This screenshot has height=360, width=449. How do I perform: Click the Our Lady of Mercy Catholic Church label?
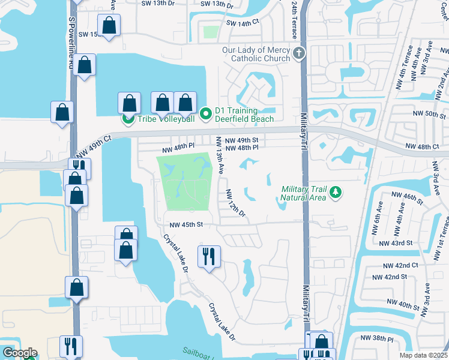[255, 55]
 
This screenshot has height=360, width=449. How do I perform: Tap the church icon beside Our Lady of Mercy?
[298, 55]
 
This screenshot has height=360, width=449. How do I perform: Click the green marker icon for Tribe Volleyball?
[127, 119]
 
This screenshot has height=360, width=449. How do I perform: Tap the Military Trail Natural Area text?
[304, 193]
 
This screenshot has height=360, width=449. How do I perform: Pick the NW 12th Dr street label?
[235, 204]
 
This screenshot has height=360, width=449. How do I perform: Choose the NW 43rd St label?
[397, 243]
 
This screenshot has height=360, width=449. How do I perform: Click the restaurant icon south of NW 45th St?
[209, 257]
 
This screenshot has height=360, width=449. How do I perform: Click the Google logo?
[19, 353]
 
